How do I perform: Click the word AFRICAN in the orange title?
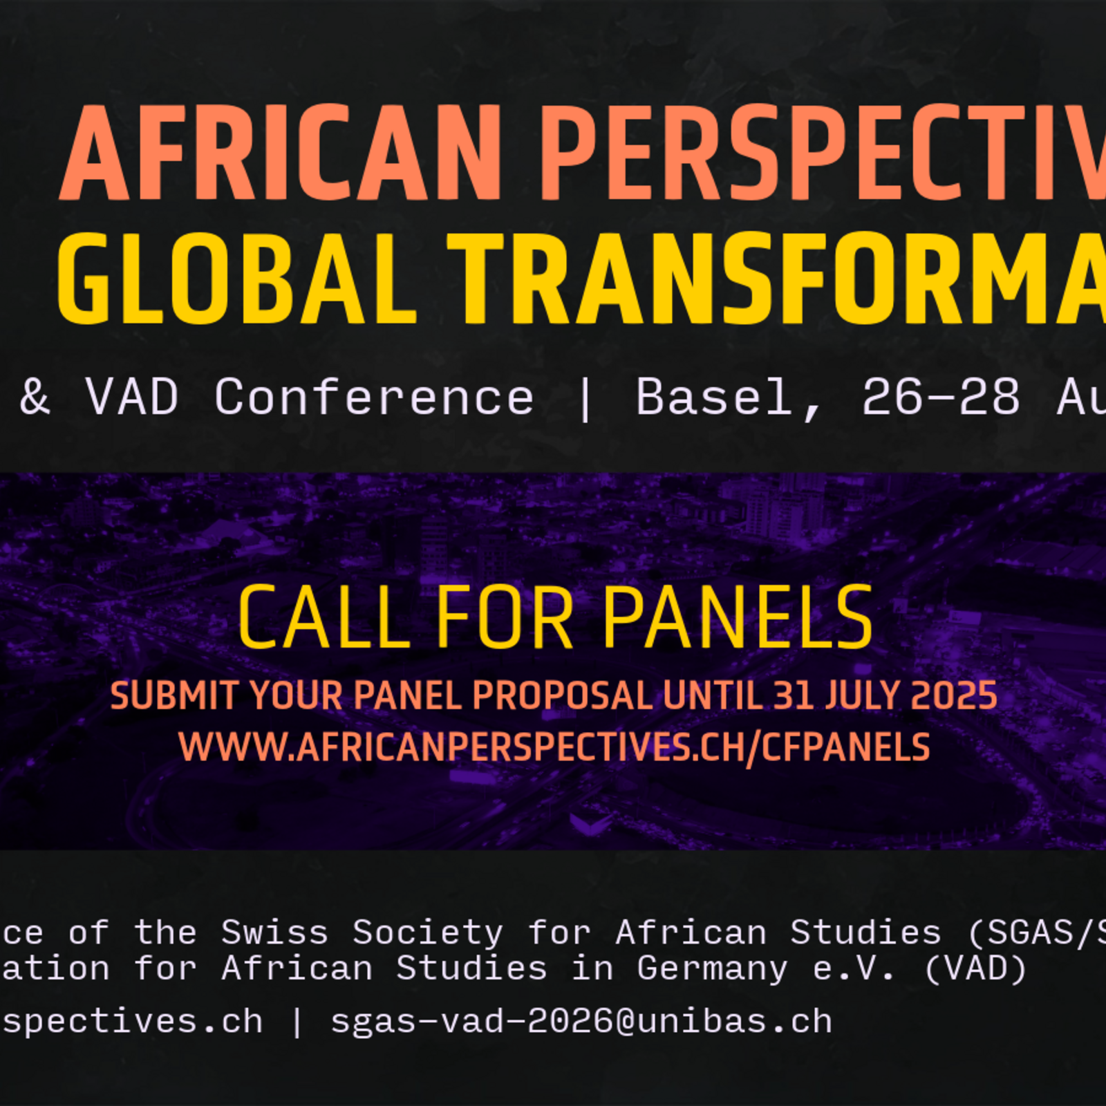(280, 153)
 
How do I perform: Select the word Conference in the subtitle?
(374, 397)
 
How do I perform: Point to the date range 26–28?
(940, 397)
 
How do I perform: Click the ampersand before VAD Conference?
(35, 397)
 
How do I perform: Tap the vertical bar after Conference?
(585, 400)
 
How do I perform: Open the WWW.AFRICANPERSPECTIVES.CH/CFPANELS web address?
(554, 747)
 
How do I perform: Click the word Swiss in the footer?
(274, 933)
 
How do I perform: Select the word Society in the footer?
(428, 933)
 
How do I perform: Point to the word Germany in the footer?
(712, 969)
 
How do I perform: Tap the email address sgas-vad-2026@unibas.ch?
(581, 1022)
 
